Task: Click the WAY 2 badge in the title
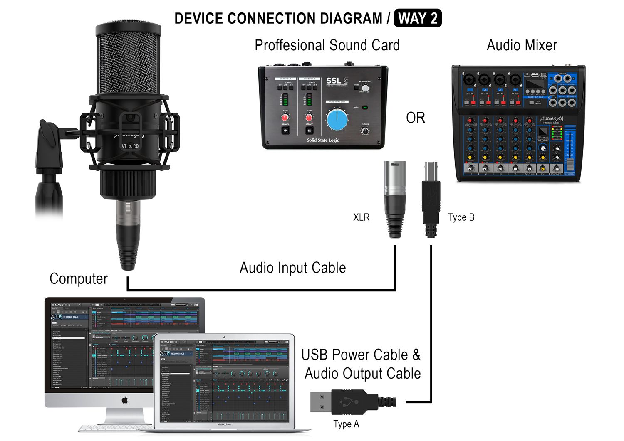pos(417,19)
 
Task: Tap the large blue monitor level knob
pos(337,120)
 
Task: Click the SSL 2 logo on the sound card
pos(337,81)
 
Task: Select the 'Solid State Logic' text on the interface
pos(323,140)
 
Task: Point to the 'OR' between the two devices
pos(416,118)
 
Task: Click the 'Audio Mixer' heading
pos(522,45)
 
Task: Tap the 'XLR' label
pos(361,217)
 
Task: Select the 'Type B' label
pos(461,217)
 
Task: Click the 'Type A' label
pos(346,424)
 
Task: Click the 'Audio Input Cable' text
pos(293,268)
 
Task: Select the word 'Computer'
pos(79,278)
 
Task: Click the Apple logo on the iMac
pos(124,400)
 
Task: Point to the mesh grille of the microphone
pos(129,62)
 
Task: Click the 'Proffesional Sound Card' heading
pos(327,45)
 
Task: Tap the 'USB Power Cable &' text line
pos(361,355)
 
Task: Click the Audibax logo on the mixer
pos(552,119)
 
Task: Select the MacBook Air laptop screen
pos(224,379)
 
